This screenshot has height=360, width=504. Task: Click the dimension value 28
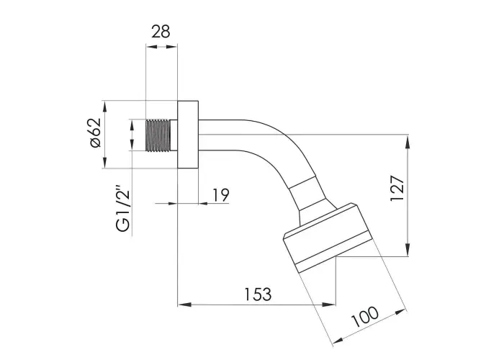pos(161,32)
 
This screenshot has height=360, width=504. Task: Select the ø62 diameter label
pos(96,132)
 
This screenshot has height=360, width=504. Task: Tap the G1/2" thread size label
pos(123,208)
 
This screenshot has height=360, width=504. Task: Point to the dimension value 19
pos(221,195)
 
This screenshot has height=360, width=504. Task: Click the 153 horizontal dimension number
pos(258,294)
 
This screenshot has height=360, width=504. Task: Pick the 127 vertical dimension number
pos(397,189)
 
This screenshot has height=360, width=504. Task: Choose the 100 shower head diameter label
pos(364,317)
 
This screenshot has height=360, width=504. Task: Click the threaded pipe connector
pos(158,135)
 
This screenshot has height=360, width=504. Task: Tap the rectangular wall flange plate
pos(188,135)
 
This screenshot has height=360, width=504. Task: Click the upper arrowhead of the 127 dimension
pos(408,142)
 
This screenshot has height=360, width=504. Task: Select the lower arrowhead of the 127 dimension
pos(408,250)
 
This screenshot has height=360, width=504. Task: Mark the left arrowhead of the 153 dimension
pos(185,305)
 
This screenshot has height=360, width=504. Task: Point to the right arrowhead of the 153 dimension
pos(329,305)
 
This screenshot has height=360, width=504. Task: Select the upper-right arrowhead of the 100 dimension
pos(400,312)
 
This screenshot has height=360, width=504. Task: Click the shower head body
pos(328,238)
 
